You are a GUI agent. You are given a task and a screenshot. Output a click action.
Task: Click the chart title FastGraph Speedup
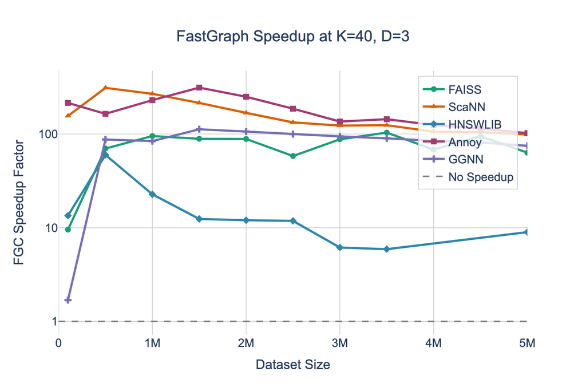[x=293, y=37]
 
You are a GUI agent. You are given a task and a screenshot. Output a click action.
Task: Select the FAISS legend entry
[x=465, y=89]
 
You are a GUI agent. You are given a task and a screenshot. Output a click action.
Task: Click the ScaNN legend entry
[x=468, y=106]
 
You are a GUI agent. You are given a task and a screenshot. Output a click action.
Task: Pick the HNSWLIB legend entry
[x=475, y=124]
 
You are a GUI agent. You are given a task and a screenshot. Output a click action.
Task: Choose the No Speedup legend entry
[x=481, y=177]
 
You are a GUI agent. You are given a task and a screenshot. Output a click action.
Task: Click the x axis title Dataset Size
[x=292, y=365]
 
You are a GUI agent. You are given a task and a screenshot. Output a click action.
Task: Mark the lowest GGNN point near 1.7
[x=68, y=300]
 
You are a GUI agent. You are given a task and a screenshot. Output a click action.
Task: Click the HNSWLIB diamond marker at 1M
[x=152, y=195]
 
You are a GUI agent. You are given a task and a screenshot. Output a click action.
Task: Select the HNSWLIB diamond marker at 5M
[x=526, y=232]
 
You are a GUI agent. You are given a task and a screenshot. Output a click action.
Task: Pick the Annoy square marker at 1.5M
[x=199, y=88]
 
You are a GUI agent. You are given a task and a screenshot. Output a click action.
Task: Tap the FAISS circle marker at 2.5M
[x=293, y=156]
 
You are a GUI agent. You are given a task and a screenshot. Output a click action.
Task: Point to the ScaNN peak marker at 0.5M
[x=105, y=88]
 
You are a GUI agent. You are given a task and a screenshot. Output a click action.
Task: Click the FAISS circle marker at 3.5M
[x=387, y=133]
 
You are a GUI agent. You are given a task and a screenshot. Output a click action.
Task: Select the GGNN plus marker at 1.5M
[x=199, y=129]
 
